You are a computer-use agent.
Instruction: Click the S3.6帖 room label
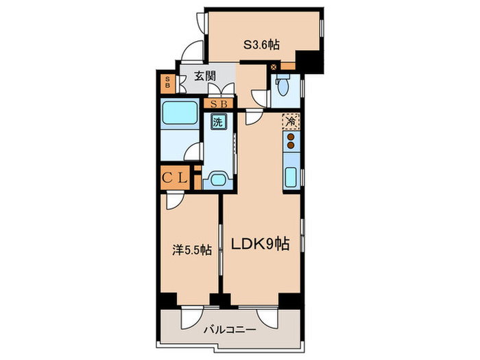coord(261,45)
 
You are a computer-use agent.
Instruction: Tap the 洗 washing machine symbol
coord(217,123)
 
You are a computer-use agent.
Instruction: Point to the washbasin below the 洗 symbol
coord(219,180)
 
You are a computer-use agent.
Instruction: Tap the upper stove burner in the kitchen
coord(291,136)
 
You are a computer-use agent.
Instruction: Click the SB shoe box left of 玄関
coord(167,82)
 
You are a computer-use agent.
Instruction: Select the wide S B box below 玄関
coord(219,104)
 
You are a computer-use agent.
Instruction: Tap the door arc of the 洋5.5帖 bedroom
coord(174,201)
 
